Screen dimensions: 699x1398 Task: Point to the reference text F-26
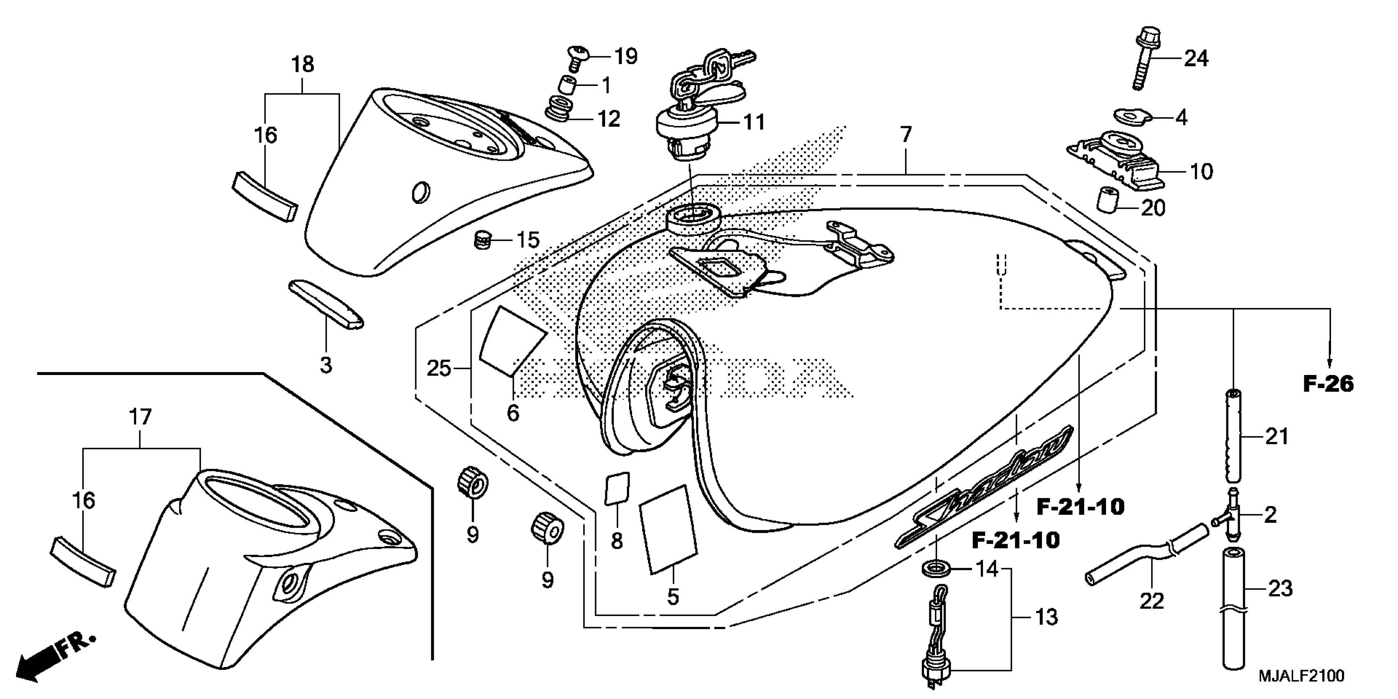[x=1328, y=384]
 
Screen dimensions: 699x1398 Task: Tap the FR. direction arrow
[x=54, y=657]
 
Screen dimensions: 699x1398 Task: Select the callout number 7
[x=905, y=134]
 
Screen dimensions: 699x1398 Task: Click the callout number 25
[x=438, y=369]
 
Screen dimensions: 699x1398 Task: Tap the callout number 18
[x=302, y=65]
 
